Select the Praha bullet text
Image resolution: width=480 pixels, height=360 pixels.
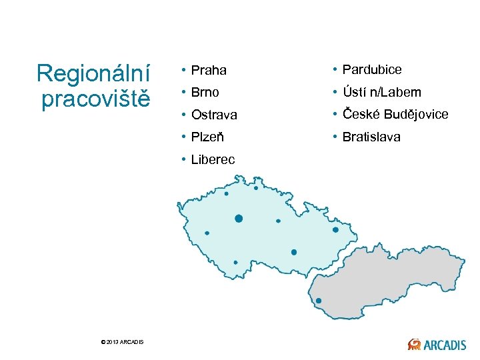209,70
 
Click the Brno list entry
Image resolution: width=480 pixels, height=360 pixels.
205,92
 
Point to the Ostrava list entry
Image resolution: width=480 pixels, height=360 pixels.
214,115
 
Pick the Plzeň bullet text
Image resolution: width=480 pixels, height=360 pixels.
207,137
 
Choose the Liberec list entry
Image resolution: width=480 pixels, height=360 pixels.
213,160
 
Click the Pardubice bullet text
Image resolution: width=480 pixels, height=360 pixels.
372,69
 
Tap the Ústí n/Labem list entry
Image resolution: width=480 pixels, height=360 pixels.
382,92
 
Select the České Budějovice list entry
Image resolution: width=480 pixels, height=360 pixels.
395,114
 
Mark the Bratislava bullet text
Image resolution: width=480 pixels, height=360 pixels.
371,137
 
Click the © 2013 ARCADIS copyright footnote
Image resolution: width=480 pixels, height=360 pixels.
121,342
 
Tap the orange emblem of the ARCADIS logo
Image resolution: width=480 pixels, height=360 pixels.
414,344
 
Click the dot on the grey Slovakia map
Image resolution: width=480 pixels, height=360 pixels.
319,301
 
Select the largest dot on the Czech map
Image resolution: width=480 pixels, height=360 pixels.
239,218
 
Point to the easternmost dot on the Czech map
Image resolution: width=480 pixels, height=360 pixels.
336,229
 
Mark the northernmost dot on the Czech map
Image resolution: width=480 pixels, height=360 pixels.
256,188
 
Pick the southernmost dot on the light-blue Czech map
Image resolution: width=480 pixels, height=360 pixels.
235,262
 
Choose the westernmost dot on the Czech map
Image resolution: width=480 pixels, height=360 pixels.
207,233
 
